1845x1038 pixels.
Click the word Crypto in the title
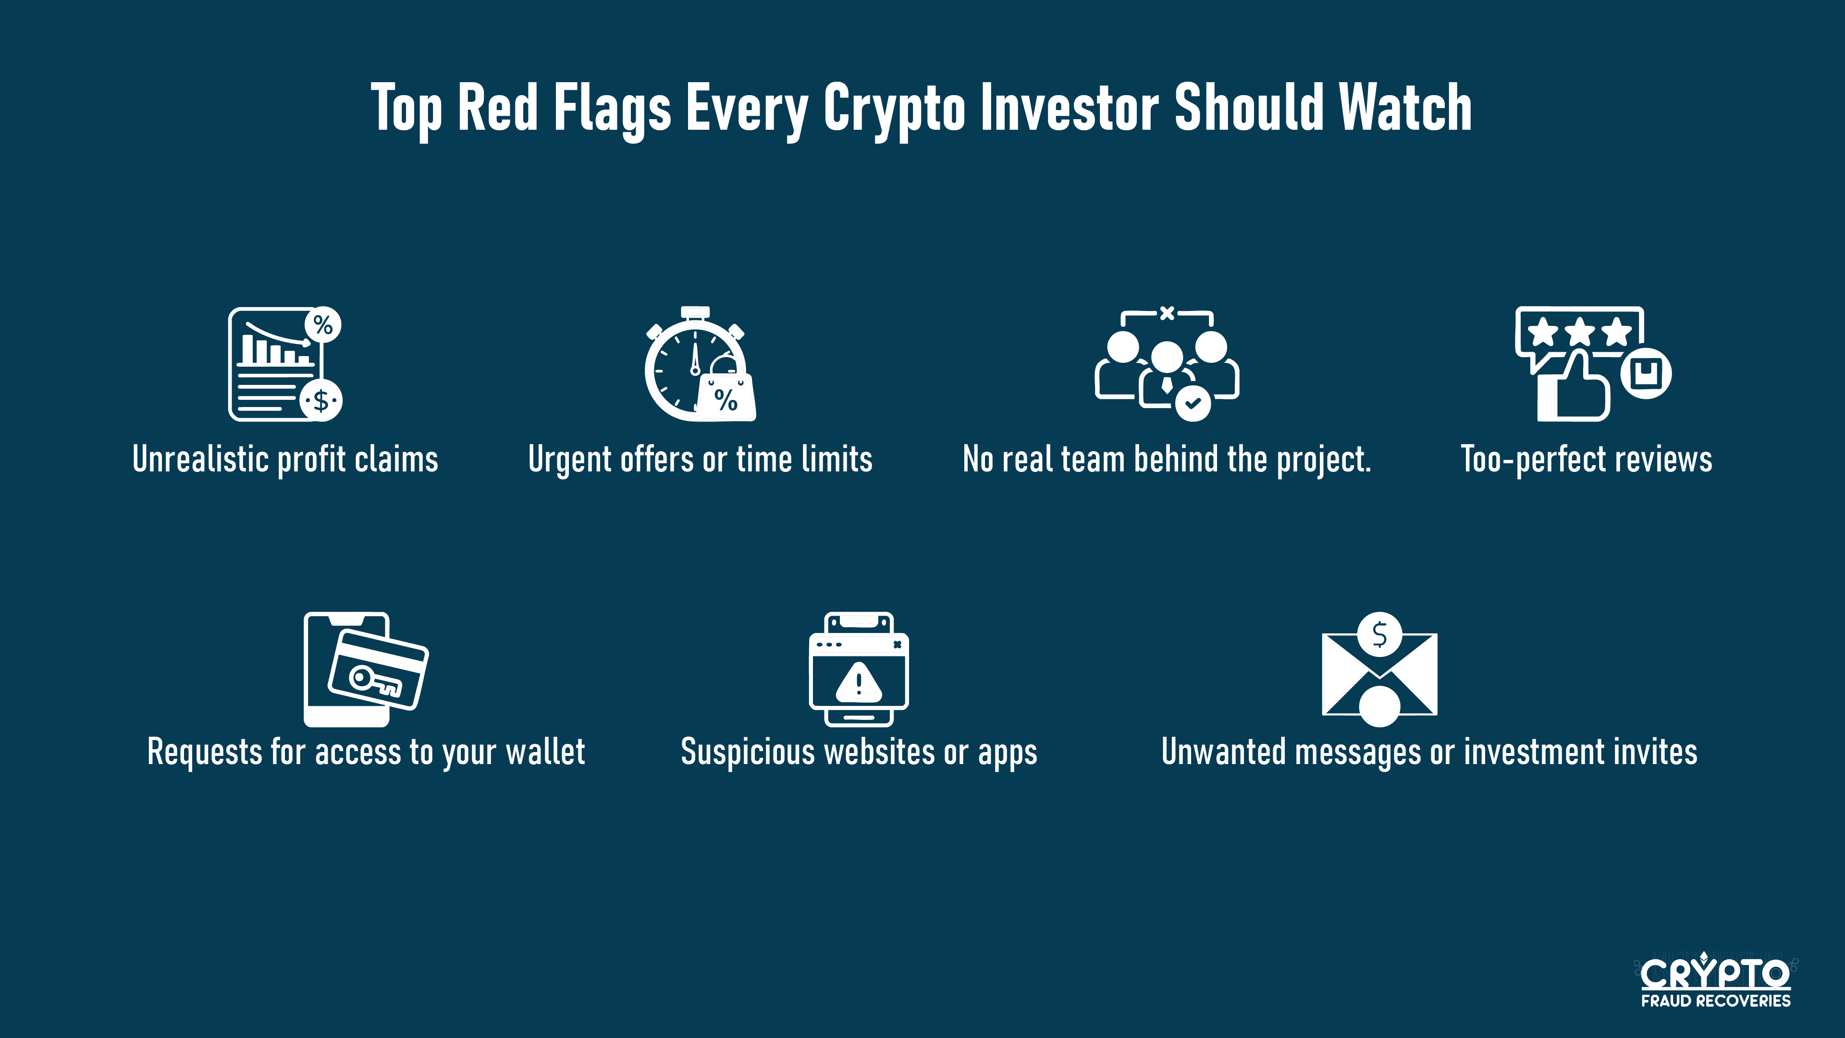(x=894, y=109)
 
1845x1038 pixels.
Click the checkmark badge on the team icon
(x=1193, y=403)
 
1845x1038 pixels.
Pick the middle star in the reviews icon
(x=1579, y=332)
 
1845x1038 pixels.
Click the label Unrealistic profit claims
(x=285, y=459)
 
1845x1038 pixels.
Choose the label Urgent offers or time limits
(x=700, y=459)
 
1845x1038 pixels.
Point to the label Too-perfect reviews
(x=1586, y=459)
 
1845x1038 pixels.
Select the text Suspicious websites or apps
(x=859, y=752)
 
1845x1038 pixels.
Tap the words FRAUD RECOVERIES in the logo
(x=1715, y=1000)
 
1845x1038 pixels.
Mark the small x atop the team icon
(x=1167, y=312)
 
